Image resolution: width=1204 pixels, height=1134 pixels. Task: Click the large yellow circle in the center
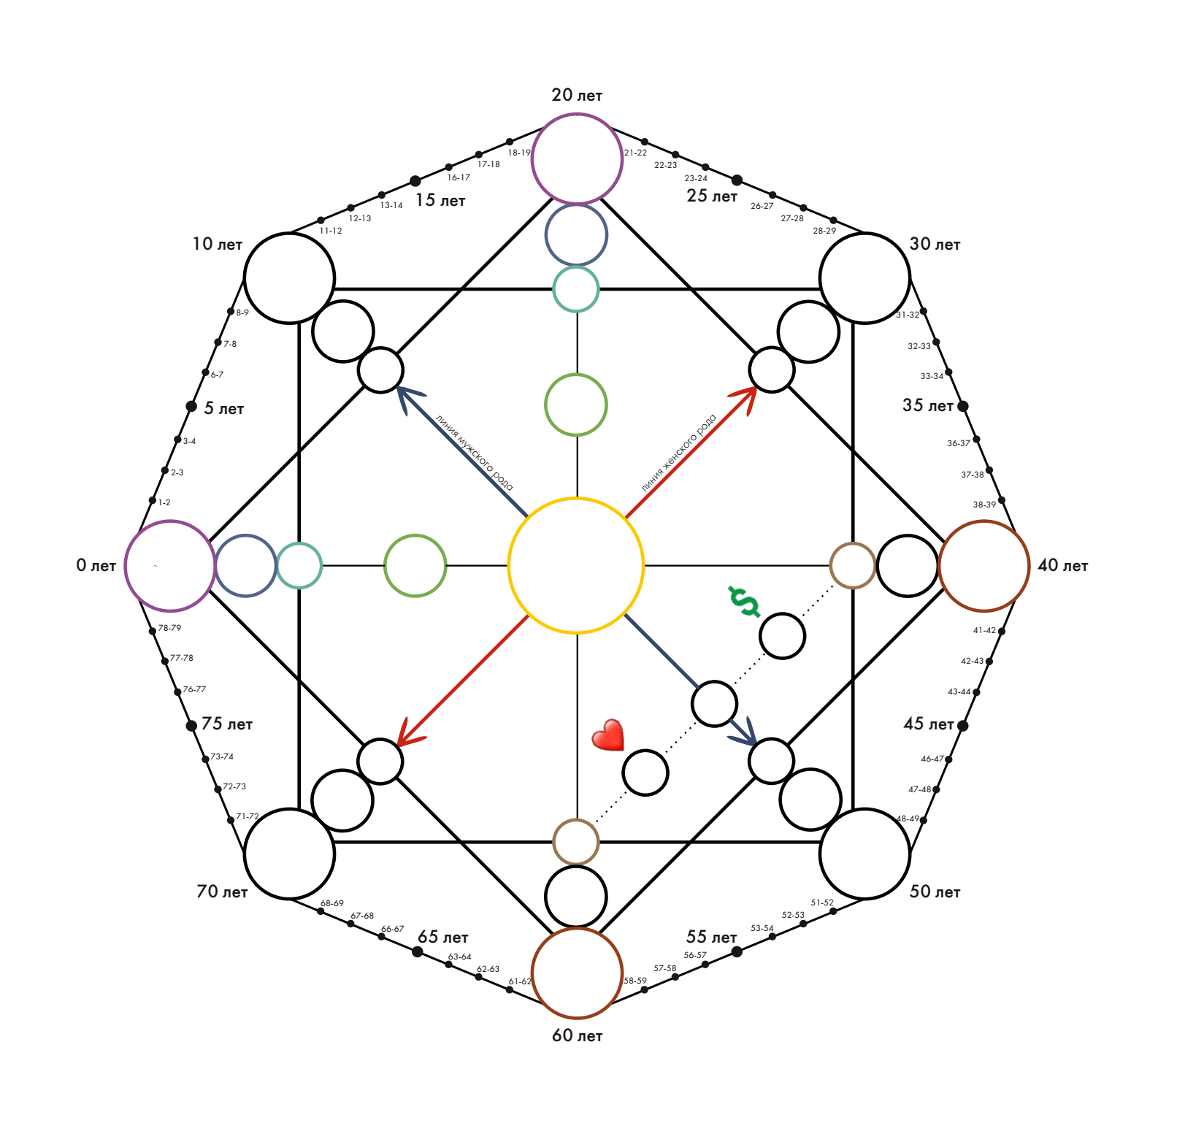[575, 565]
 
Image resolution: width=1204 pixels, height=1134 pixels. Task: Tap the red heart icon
[608, 735]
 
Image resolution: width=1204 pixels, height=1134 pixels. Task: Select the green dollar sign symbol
[744, 601]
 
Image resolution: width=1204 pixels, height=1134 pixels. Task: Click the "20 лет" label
[577, 95]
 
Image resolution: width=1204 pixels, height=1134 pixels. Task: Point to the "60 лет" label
[577, 1035]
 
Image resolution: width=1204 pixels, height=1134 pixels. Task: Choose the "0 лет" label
[96, 565]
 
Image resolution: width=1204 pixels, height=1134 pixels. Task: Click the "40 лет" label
[1062, 565]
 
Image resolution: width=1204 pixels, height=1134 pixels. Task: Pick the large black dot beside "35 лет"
[963, 406]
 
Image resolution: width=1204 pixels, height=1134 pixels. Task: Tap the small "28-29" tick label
[824, 231]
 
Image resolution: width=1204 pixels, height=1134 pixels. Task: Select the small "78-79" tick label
[169, 628]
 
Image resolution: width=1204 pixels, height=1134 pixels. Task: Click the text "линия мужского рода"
[474, 453]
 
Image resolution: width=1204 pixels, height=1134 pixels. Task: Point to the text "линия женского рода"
[679, 453]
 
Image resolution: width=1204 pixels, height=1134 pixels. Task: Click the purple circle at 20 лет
[577, 158]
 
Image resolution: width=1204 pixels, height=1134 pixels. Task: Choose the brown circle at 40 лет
[983, 566]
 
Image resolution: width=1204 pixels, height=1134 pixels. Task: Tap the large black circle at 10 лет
[289, 278]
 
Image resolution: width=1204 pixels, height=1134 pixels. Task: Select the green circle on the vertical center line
[576, 405]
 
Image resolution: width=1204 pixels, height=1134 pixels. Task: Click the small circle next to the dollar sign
[782, 636]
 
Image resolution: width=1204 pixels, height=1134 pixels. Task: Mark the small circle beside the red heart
[645, 773]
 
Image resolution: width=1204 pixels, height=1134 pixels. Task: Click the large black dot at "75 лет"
[191, 726]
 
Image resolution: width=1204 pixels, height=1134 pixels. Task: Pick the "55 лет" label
[711, 937]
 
